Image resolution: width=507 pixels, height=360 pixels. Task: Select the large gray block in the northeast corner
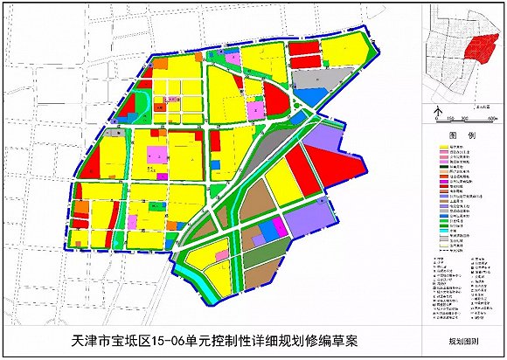coord(315,79)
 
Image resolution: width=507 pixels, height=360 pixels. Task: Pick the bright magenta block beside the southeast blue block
coord(279,227)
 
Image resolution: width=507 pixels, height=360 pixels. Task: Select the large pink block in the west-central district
coord(156,156)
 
